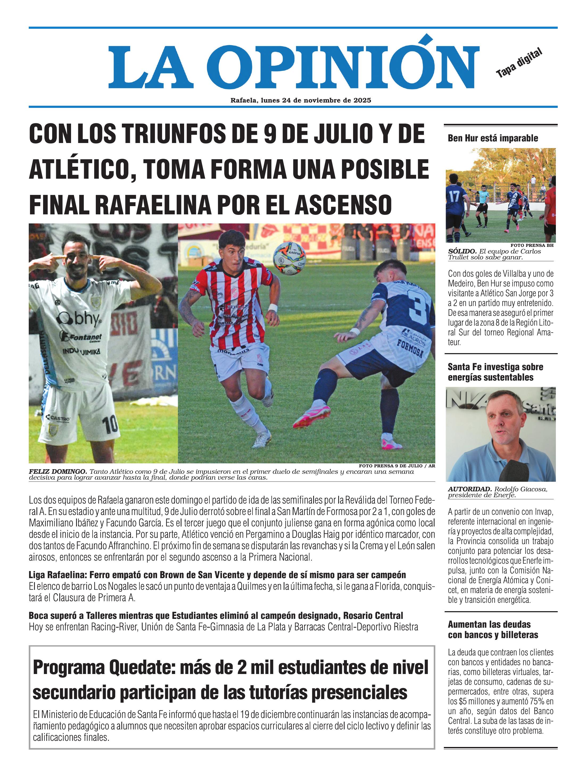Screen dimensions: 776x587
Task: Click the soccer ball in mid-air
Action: [290, 258]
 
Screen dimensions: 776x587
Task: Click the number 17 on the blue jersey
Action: [454, 196]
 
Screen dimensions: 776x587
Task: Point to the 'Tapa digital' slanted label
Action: [519, 63]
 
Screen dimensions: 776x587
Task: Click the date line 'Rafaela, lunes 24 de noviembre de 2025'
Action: [300, 100]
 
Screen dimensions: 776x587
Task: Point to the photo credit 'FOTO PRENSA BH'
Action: [532, 245]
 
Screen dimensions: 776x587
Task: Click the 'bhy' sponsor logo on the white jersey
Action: [80, 318]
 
